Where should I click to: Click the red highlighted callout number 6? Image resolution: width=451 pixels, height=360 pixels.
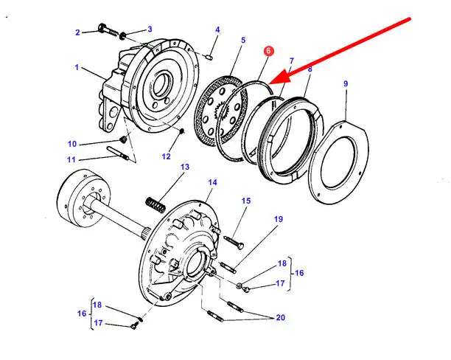coord(269,52)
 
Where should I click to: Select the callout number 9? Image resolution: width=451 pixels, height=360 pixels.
coord(345,83)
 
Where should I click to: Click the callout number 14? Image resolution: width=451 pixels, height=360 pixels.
coord(212,182)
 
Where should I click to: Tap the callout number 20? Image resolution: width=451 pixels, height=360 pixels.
coord(279,319)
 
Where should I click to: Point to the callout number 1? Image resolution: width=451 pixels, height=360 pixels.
coord(76,68)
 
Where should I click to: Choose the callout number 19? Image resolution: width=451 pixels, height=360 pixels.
coord(279,219)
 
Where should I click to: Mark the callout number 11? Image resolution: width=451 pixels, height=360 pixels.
coord(71,159)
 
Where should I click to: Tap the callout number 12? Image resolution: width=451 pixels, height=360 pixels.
coord(166,156)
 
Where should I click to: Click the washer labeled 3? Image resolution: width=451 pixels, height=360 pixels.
coord(124,34)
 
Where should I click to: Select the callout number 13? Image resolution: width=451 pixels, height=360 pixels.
coord(184,167)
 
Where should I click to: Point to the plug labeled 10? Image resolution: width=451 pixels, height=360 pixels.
coord(123,140)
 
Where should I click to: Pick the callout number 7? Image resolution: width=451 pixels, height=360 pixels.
coord(291,61)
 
